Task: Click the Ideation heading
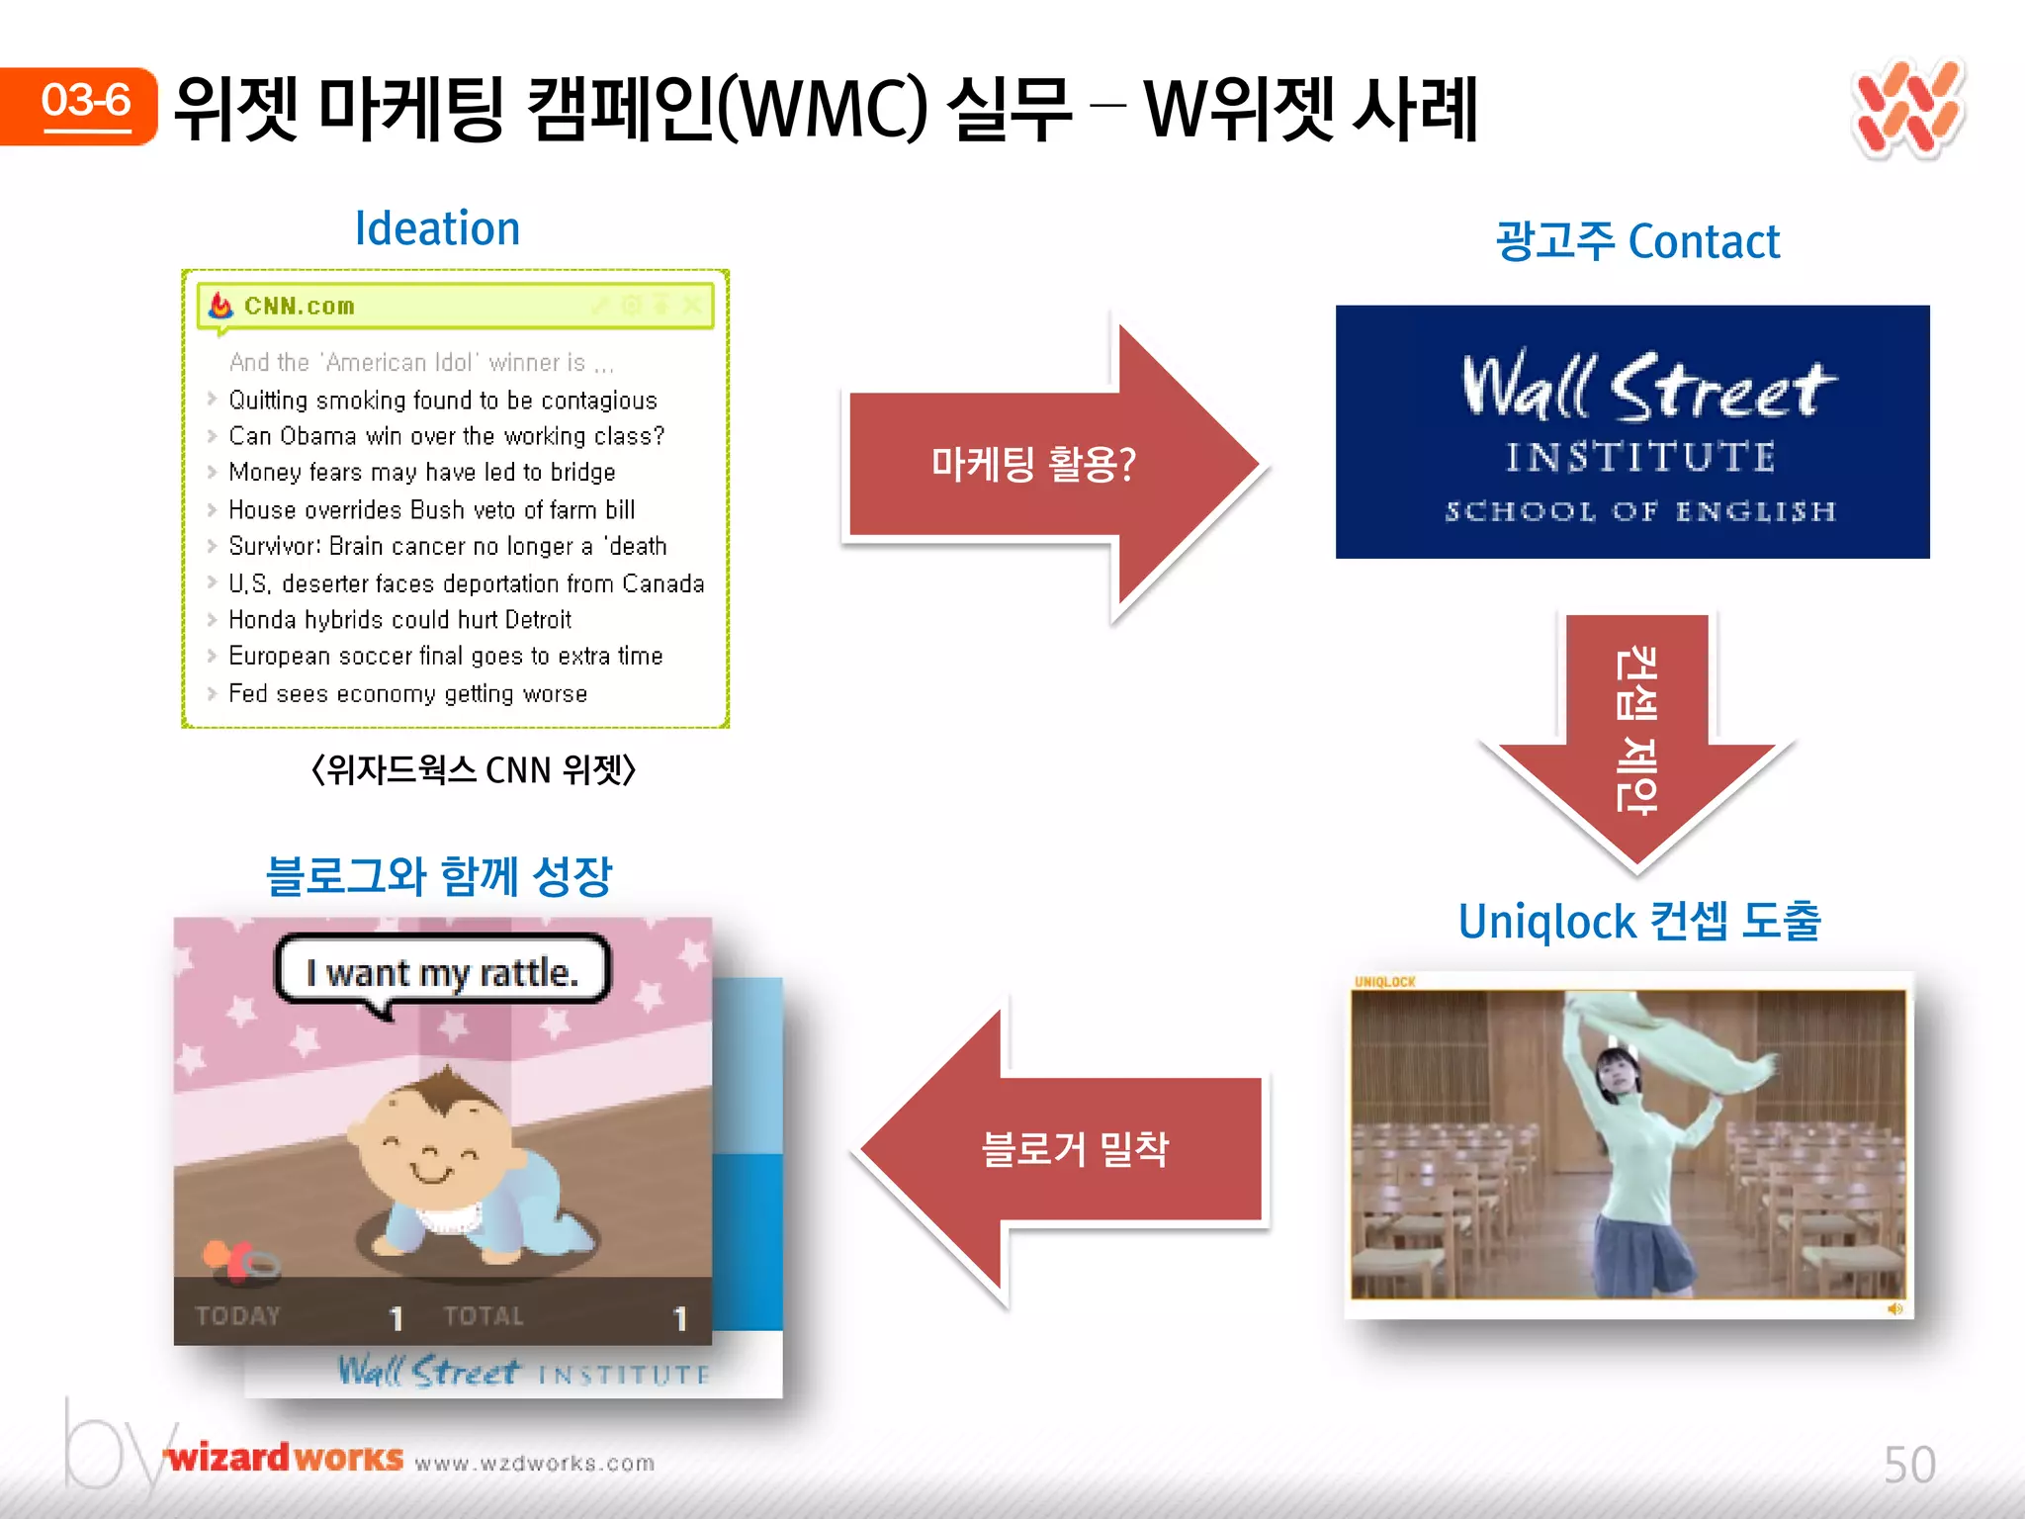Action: tap(437, 229)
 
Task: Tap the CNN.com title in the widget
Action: tap(299, 307)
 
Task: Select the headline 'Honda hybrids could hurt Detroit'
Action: tap(399, 620)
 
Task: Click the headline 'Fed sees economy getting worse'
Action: tap(407, 694)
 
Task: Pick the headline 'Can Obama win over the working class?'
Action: tap(446, 436)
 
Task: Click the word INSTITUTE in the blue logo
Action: tap(1639, 458)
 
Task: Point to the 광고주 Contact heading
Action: tap(1637, 242)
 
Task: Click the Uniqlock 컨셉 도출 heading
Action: tap(1638, 922)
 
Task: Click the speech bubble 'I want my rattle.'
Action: tap(442, 972)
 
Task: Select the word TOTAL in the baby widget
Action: tap(483, 1316)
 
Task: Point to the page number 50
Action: tap(1908, 1465)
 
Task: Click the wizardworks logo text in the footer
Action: tap(285, 1458)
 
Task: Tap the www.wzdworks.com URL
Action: tap(535, 1463)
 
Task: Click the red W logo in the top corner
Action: tap(1907, 109)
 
